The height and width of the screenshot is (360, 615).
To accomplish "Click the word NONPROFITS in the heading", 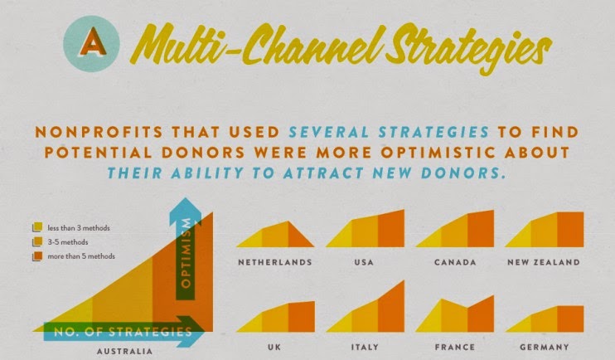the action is (x=99, y=132).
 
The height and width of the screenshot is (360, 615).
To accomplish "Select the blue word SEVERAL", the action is (x=330, y=132).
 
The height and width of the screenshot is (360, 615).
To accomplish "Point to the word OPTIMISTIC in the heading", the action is (x=438, y=153).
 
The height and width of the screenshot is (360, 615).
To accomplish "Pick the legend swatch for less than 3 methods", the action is (x=37, y=227).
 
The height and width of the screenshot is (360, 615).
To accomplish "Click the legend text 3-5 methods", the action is (x=68, y=242).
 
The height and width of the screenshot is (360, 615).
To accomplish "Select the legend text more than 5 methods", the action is (x=81, y=256).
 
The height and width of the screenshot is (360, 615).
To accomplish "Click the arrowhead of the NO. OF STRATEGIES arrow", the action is (x=192, y=331).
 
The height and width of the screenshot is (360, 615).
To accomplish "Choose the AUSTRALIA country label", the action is (x=124, y=351).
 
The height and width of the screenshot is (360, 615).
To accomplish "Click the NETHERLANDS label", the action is (x=275, y=262).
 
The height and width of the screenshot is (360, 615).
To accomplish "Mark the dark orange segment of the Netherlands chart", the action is (x=298, y=236).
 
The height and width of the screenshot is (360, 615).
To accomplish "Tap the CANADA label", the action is (x=455, y=262).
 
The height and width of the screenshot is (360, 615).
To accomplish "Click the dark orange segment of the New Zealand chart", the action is (x=570, y=230).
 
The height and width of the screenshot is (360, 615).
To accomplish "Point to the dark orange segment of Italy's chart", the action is (x=391, y=309).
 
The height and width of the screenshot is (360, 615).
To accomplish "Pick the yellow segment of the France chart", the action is (x=431, y=318).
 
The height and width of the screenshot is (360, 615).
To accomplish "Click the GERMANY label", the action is (x=545, y=347).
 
